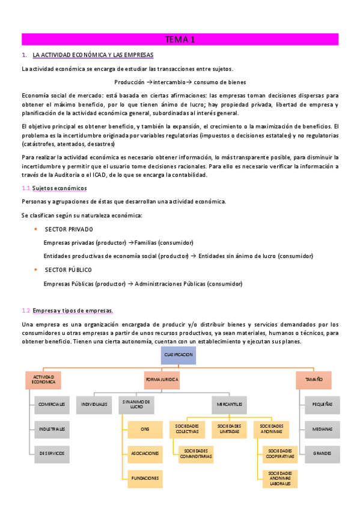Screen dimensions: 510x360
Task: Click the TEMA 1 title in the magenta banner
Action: coord(180,40)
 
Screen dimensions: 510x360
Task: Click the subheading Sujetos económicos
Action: coord(59,188)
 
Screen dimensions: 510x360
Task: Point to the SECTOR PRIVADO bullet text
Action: coord(69,230)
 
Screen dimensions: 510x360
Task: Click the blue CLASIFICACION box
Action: coord(178,355)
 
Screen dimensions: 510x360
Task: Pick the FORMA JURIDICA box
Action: coord(162,380)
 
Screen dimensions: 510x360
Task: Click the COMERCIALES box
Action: coord(52,405)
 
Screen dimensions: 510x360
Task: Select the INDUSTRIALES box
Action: coord(52,429)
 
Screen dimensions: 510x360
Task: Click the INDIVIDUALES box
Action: coord(94,405)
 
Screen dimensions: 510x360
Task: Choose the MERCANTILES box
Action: coord(230,405)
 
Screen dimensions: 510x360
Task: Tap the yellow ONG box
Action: coord(145,429)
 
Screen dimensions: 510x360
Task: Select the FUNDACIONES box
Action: coord(145,478)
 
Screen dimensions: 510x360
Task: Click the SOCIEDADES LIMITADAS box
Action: coord(230,429)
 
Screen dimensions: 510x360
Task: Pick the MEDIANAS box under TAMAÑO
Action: coord(322,429)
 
